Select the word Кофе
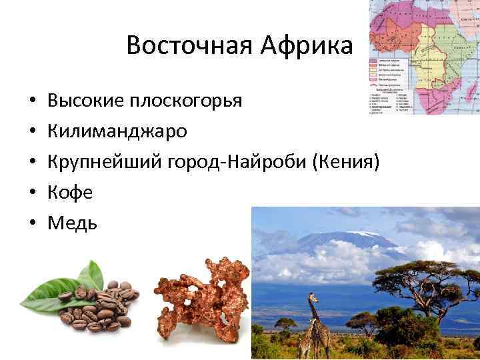70,193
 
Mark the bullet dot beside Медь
33,224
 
